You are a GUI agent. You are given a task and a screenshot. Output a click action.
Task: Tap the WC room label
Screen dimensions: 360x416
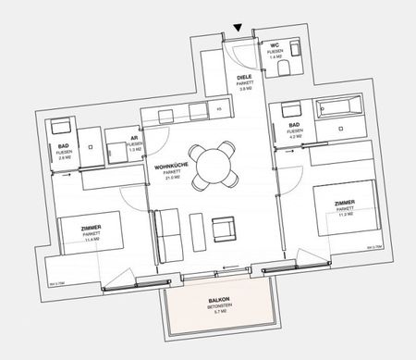coord(275,45)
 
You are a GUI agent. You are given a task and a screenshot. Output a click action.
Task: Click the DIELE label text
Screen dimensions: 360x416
coord(244,76)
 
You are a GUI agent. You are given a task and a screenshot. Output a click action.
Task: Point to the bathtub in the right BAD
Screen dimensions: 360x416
coord(340,107)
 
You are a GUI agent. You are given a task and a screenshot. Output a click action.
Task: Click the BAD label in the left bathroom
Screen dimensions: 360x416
coord(63,146)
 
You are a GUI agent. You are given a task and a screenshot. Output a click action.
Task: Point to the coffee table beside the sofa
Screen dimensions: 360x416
coord(195,230)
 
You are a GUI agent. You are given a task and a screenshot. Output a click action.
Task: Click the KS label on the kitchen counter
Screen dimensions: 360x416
coord(218,109)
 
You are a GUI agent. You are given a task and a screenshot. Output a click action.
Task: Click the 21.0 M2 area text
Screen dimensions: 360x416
coord(171,179)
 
